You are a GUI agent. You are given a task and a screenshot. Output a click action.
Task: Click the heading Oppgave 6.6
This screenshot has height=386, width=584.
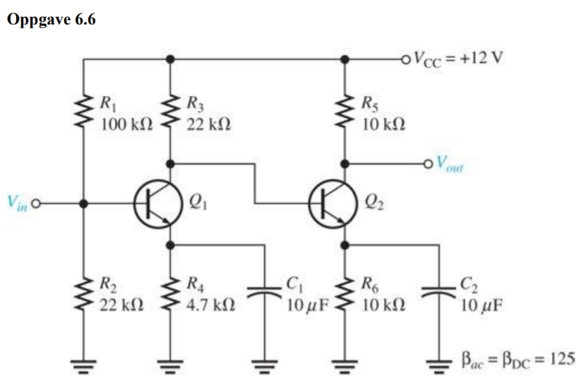pyautogui.click(x=51, y=19)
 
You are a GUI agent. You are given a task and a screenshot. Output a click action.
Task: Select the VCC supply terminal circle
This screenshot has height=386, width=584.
pyautogui.click(x=405, y=59)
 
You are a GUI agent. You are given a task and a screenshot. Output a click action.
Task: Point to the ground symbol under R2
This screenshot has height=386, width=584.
pyautogui.click(x=83, y=364)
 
